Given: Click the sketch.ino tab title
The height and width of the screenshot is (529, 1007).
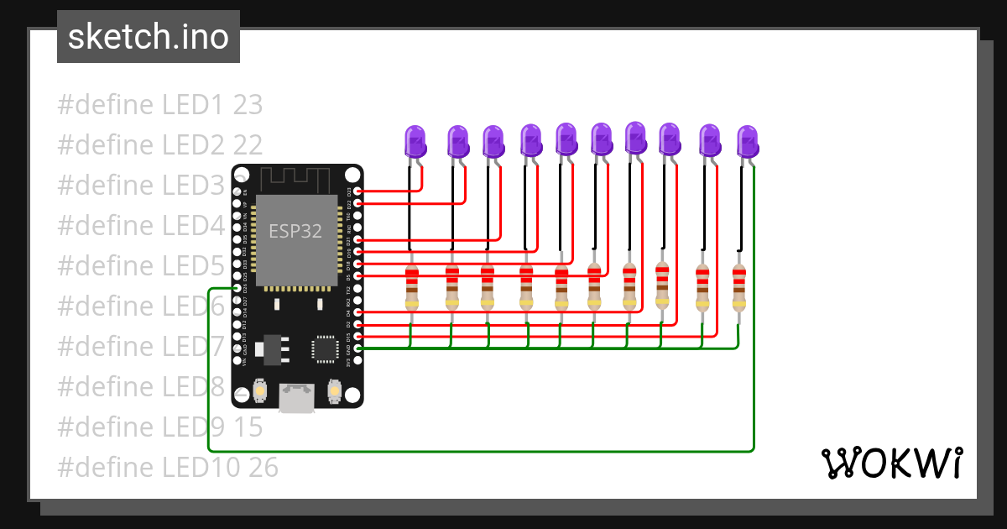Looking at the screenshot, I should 149,37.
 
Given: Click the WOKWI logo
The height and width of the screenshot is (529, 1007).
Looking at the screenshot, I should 891,463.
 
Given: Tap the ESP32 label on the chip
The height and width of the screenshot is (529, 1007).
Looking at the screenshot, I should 295,231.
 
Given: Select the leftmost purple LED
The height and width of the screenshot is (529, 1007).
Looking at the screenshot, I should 415,141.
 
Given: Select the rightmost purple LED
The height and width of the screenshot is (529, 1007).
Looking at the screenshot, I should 747,141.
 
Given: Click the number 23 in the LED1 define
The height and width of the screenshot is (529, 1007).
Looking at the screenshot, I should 248,105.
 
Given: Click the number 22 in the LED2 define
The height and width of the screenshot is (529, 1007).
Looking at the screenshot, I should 248,145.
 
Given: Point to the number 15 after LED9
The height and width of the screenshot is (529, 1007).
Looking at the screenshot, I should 248,427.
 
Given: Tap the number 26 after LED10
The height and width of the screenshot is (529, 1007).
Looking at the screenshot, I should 263,468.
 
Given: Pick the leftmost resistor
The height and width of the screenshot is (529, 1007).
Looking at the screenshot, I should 411,287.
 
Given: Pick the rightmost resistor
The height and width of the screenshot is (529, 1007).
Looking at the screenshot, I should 738,287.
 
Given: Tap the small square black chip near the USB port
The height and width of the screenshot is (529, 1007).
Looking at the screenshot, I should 324,349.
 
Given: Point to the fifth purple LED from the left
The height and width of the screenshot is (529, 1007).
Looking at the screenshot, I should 566,139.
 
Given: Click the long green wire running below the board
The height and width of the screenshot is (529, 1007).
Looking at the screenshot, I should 478,451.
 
